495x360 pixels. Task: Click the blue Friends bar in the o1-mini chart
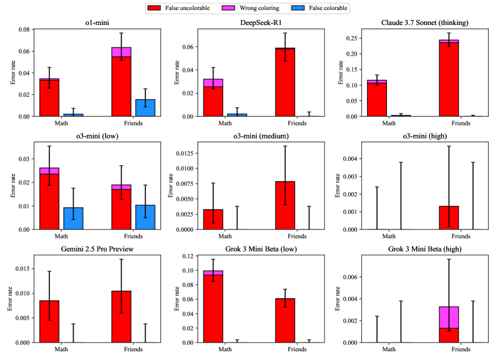click(x=145, y=107)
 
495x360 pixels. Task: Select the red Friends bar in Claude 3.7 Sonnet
click(x=448, y=79)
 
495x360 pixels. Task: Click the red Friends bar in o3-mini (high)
click(x=448, y=218)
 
